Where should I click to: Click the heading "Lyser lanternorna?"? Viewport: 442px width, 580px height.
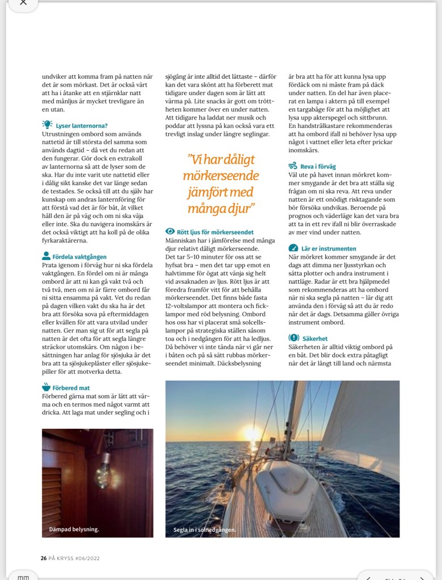pos(82,125)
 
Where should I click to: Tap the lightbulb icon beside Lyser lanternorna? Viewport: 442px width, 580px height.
pos(47,125)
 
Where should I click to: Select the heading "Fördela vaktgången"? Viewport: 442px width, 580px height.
pos(79,257)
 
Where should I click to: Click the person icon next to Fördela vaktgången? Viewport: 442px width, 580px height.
pos(46,256)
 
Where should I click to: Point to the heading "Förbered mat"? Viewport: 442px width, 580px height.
pos(72,388)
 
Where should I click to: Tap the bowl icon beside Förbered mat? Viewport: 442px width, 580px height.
pos(46,387)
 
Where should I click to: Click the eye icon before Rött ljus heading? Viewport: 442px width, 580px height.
pos(169,232)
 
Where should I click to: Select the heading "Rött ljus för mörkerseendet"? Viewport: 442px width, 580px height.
pos(216,232)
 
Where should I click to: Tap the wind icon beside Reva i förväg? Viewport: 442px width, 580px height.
pos(293,166)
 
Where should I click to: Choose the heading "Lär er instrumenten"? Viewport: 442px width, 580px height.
pos(329,248)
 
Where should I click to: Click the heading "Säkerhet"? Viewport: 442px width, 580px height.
pos(318,338)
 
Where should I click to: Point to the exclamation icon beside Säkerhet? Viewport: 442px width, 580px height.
pos(294,338)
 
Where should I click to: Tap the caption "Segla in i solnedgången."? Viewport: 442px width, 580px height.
pos(205,531)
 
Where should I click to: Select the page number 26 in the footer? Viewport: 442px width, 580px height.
pos(44,558)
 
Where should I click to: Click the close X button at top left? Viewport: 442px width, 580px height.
pos(23,3)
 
